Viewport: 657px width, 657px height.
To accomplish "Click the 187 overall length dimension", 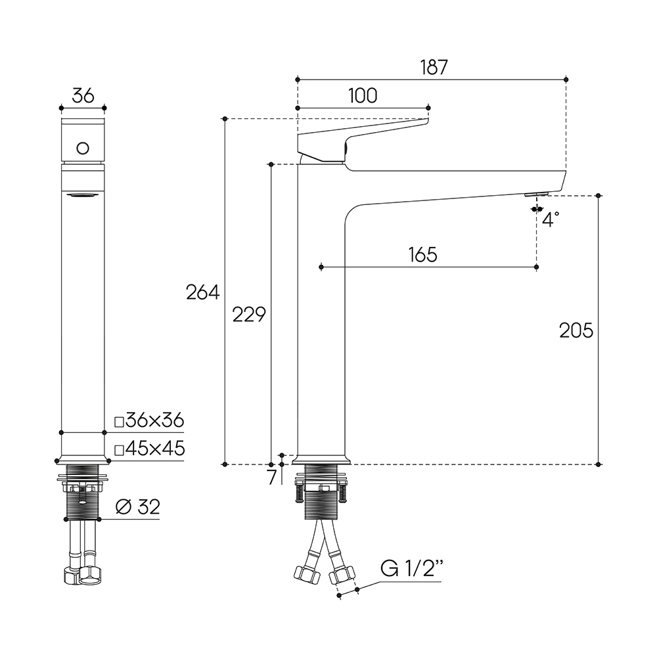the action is pos(434,68).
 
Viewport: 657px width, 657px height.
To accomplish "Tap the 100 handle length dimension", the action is pos(363,96).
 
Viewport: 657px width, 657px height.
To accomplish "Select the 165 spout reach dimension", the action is pos(422,255).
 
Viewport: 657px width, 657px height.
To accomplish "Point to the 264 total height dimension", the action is pos(203,292).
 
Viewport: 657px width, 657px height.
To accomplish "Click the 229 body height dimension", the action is pos(249,315).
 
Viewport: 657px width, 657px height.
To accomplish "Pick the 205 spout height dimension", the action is pos(576,330).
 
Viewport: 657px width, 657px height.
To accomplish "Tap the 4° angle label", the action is pos(551,219).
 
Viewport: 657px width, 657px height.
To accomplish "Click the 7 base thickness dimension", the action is pos(273,477).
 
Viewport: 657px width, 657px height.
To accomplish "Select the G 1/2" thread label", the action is pos(412,568).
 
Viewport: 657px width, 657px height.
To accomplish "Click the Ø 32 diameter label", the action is pos(138,507).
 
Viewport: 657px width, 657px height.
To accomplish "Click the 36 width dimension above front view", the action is pos(83,96).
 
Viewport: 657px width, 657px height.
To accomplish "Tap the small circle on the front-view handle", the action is pos(83,148).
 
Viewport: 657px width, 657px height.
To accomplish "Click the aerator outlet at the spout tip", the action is pos(536,194).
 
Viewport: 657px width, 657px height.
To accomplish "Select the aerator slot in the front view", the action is pos(83,195).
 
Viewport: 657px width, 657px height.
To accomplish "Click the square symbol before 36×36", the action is pos(120,422).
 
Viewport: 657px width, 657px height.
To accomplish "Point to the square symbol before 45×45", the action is pos(120,451).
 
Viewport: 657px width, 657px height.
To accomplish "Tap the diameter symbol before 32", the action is pos(124,507).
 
